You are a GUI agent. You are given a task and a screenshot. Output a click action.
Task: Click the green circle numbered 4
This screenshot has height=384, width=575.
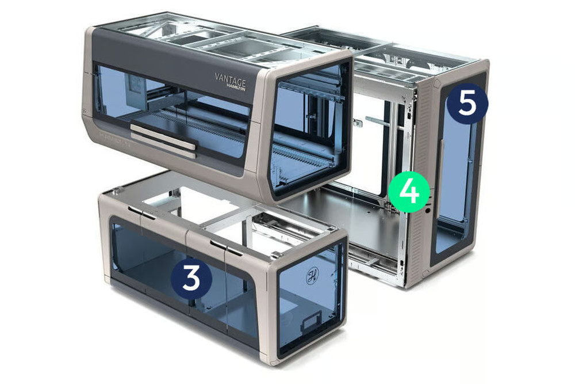point(409,192)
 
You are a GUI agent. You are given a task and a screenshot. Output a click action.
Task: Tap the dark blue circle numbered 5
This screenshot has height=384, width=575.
point(467,104)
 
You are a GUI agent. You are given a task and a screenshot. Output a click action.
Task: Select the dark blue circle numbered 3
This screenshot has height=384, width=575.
point(191,278)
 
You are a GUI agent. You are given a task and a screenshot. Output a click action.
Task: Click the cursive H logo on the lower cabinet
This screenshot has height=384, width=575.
point(312,276)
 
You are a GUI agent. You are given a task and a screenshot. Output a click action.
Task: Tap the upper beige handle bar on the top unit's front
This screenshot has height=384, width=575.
point(163,136)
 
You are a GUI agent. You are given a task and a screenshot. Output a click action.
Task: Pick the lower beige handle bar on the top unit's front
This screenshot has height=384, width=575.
point(163,146)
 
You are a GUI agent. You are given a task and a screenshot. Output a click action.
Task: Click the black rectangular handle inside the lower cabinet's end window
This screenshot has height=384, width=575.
point(311,320)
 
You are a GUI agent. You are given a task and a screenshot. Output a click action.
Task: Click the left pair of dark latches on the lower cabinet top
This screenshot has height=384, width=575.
point(142,212)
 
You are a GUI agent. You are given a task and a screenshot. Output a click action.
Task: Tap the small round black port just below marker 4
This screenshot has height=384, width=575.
point(427,211)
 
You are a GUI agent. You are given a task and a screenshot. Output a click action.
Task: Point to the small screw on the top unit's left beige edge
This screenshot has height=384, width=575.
point(85,111)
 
